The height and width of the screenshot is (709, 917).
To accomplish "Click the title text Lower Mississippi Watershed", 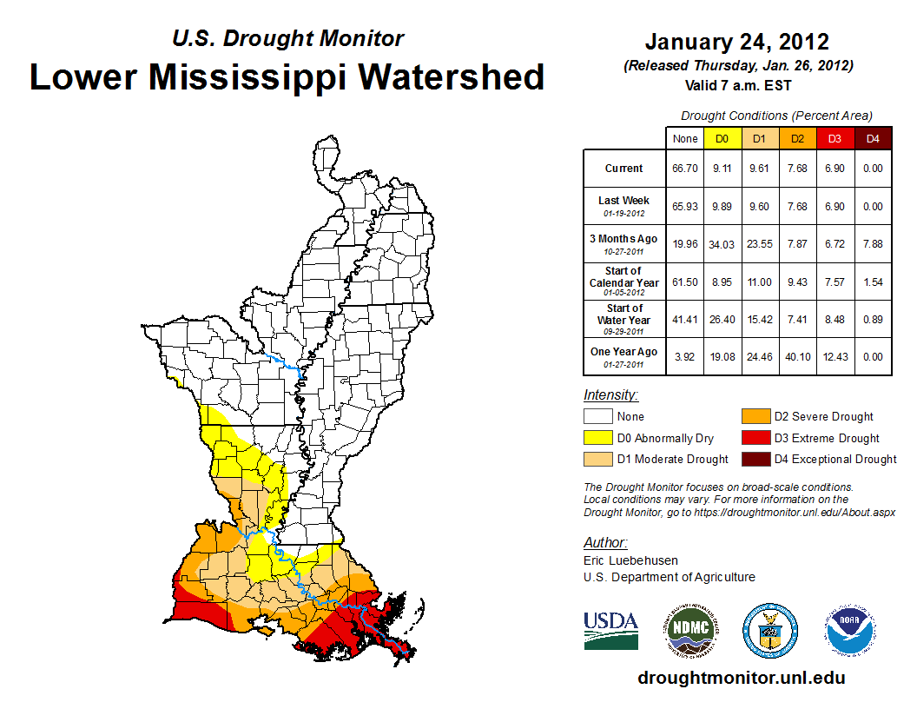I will tap(287, 76).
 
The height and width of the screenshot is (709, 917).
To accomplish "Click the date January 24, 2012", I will tap(737, 42).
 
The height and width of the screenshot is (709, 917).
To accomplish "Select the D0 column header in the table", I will tap(721, 139).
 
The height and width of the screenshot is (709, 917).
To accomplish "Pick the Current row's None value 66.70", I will tap(684, 169).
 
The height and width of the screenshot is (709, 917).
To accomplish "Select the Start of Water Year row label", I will tap(624, 315).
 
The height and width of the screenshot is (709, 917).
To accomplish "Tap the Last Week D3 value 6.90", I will tap(835, 207).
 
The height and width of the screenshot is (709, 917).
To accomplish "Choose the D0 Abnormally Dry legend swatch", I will tap(598, 438).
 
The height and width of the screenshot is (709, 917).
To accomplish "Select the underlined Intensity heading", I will tap(610, 395).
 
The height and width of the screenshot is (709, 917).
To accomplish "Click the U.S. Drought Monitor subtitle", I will tap(287, 39).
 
